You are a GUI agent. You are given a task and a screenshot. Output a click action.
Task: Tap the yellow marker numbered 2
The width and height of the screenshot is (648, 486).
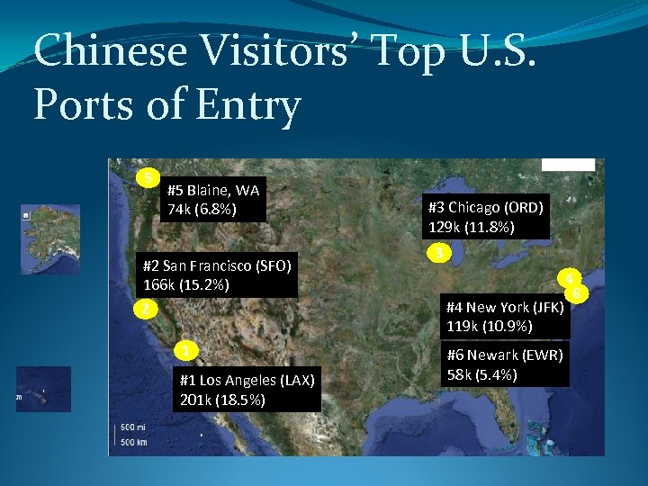point(141,310)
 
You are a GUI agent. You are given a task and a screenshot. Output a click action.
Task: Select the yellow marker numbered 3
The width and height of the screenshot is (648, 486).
point(438,253)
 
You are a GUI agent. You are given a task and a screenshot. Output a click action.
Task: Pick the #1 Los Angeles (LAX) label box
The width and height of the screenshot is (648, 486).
point(247,390)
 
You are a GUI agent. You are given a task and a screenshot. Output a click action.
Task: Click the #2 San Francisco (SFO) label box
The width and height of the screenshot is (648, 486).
point(217,274)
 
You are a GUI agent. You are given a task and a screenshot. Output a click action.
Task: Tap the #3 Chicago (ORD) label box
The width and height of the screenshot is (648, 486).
point(485,217)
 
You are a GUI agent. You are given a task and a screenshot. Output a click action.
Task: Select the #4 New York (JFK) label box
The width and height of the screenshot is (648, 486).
point(505,316)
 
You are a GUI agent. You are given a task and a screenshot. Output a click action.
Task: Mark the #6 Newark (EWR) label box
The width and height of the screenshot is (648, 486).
point(505,364)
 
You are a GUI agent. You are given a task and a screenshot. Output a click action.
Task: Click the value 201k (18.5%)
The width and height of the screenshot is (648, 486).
point(222,400)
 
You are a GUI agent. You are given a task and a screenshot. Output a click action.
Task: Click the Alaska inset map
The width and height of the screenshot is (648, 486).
point(50,238)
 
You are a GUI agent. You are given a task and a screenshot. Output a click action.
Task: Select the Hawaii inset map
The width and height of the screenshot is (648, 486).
point(43,389)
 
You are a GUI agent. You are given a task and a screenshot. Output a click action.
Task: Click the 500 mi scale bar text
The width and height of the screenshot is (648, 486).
point(133,426)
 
